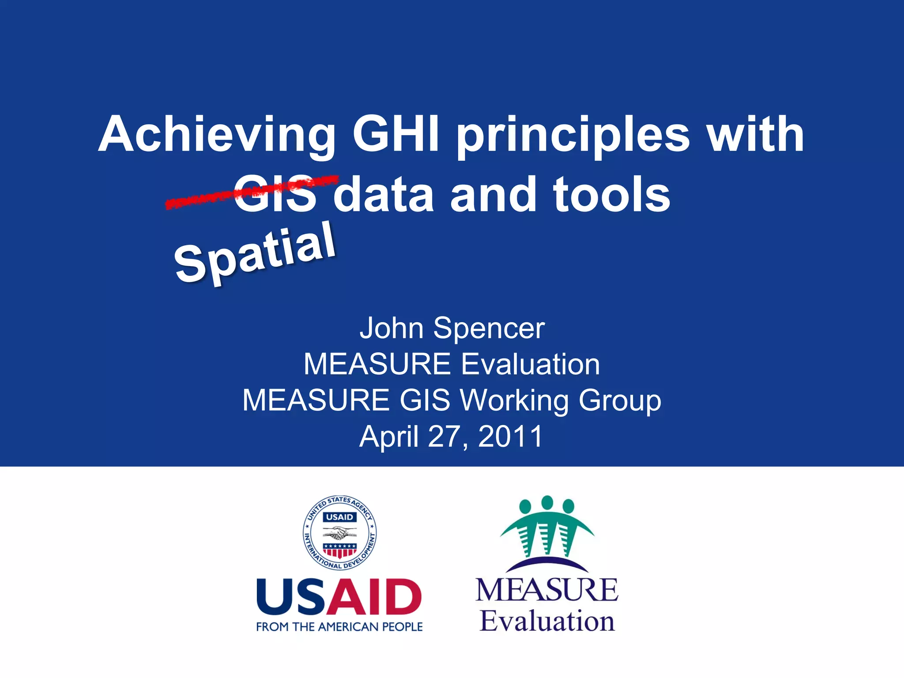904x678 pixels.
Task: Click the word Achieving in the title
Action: [x=217, y=135]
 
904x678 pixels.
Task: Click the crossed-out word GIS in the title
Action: [x=275, y=195]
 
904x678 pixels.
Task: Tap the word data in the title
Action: [x=383, y=195]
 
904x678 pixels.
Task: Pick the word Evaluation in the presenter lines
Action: [x=530, y=365]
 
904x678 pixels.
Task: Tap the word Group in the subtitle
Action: [x=620, y=401]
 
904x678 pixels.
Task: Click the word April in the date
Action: [x=389, y=437]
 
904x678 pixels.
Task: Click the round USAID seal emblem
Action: [x=339, y=532]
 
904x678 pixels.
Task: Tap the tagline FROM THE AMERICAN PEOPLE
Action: [x=339, y=627]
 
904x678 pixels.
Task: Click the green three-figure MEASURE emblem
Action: [x=547, y=530]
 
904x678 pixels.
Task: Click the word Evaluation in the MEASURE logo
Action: [x=547, y=621]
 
